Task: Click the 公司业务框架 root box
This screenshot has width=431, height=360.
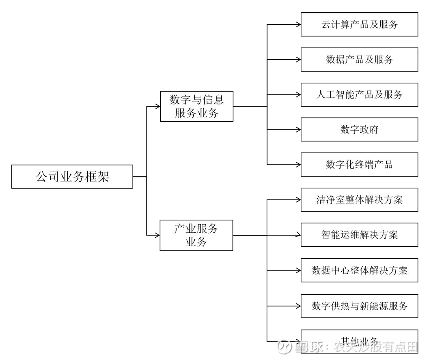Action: (72, 177)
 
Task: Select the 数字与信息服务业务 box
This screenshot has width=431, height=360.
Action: (197, 106)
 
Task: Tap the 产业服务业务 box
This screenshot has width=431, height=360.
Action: (196, 235)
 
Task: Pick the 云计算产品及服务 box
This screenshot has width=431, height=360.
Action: (359, 25)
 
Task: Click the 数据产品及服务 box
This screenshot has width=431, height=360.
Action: (359, 60)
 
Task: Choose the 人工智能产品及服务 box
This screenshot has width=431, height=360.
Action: (359, 95)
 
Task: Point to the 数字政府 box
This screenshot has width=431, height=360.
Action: (359, 130)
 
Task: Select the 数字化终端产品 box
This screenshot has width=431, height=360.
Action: (359, 165)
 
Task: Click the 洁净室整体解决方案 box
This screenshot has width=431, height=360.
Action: (359, 200)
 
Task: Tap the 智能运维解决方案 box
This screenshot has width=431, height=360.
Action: (359, 235)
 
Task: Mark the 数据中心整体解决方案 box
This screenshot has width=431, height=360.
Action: (359, 270)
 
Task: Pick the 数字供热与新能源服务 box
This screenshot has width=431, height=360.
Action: (359, 305)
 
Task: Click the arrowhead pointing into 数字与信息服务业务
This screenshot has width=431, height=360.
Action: (158, 107)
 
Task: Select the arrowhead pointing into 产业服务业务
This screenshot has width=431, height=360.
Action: (157, 235)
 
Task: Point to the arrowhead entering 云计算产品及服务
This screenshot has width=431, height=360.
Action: (298, 25)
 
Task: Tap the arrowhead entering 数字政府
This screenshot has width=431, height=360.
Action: (298, 130)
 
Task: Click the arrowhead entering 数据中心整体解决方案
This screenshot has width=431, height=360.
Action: (298, 270)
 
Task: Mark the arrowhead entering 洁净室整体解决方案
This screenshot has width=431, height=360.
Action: (298, 200)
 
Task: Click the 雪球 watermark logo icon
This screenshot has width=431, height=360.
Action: (284, 347)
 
